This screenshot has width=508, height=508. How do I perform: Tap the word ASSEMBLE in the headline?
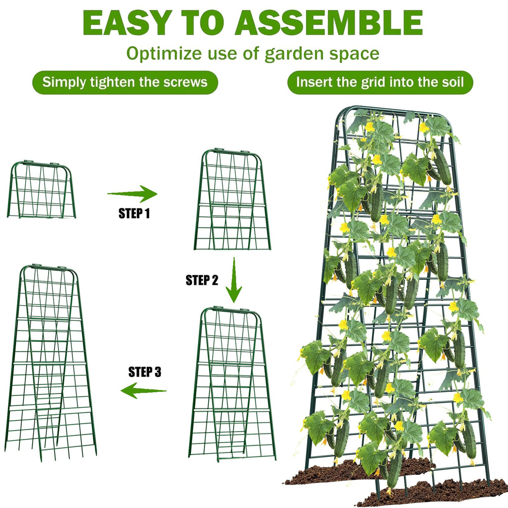point(328,22)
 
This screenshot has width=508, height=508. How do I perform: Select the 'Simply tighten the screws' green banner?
point(125,82)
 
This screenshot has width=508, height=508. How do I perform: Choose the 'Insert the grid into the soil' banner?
point(380,82)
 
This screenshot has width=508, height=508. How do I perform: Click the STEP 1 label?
point(134,214)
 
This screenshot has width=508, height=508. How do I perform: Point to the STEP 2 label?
point(202,280)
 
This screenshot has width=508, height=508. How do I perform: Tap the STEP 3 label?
point(145,372)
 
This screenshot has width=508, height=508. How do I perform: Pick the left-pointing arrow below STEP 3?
point(143,390)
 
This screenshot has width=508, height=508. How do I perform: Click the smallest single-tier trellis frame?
point(41,190)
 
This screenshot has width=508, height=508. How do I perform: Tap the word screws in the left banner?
point(187,82)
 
